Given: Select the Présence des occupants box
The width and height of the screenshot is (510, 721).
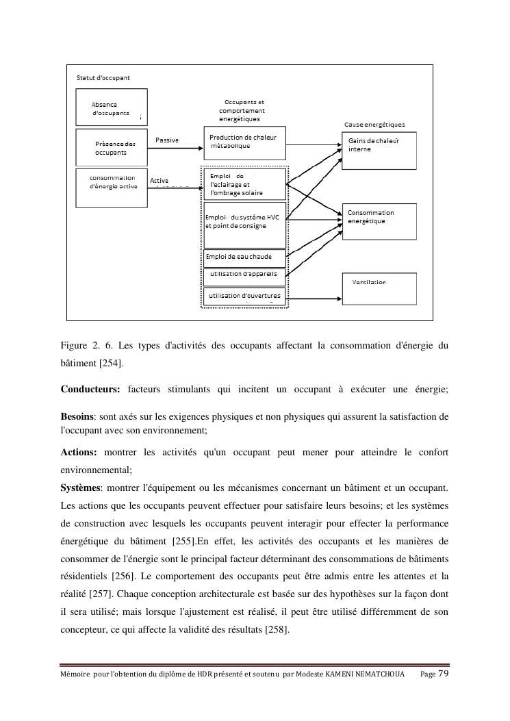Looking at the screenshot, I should (x=110, y=148).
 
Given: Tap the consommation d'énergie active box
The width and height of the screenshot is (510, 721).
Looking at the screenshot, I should (x=110, y=188).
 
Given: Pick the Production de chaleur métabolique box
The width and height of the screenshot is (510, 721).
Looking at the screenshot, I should (x=244, y=142).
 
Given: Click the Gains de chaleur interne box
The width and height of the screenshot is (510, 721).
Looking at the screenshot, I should (x=379, y=149).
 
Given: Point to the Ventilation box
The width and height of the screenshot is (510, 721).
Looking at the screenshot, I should (x=379, y=288).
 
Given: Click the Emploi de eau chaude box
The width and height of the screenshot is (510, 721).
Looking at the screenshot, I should (x=244, y=257).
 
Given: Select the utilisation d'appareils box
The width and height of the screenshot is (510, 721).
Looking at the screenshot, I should (x=244, y=275).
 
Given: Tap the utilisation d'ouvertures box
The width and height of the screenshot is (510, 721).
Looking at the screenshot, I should (x=244, y=296).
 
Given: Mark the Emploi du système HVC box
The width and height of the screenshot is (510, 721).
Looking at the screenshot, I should (x=244, y=225).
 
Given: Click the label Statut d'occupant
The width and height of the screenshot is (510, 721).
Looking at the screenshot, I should (x=103, y=78).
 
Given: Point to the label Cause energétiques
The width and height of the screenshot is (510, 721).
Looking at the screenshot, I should (x=374, y=125).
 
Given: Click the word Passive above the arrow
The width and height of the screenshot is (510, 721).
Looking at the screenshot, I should (x=167, y=140).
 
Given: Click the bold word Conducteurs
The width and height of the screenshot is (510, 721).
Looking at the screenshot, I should (x=90, y=390).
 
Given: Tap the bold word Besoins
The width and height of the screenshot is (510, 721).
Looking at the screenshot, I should (x=77, y=416).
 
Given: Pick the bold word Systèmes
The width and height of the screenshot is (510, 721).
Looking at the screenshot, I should (x=81, y=488).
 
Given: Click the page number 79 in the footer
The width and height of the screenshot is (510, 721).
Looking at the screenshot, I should (x=444, y=674).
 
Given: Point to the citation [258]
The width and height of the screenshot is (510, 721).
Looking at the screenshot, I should (x=277, y=630).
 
